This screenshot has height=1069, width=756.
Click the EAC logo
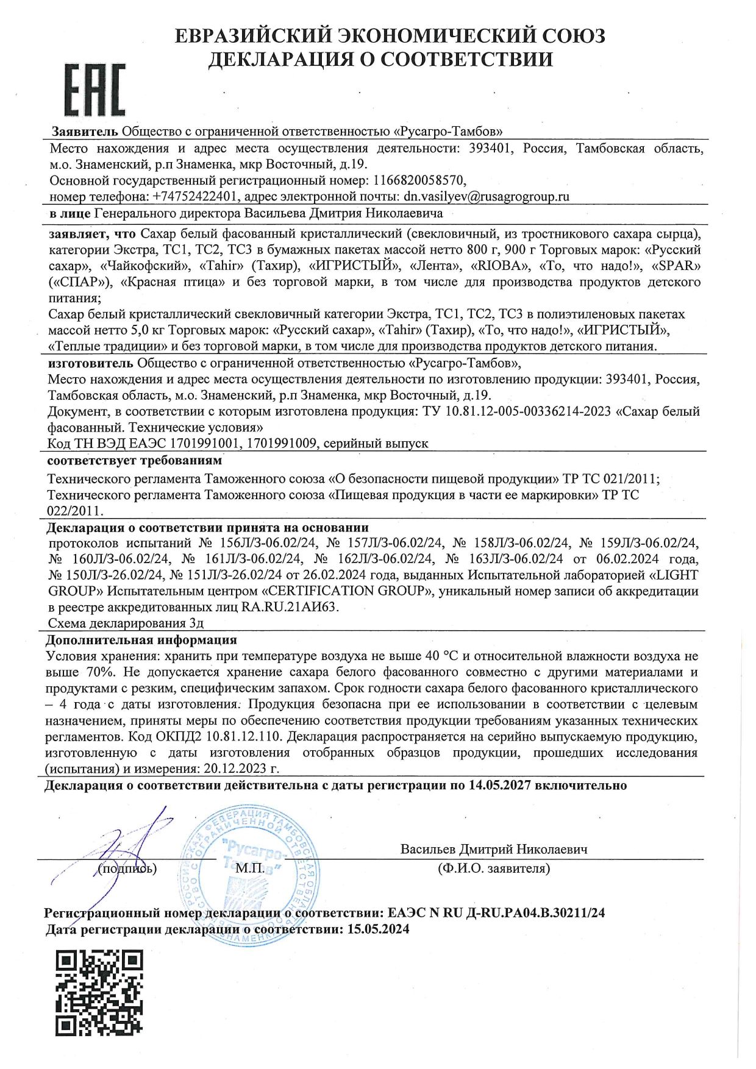[94, 90]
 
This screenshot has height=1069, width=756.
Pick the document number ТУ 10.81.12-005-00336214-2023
[516, 411]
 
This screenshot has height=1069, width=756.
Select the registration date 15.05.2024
[378, 929]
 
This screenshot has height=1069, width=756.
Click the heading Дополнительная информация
[141, 640]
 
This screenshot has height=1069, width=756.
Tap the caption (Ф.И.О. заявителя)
[493, 868]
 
